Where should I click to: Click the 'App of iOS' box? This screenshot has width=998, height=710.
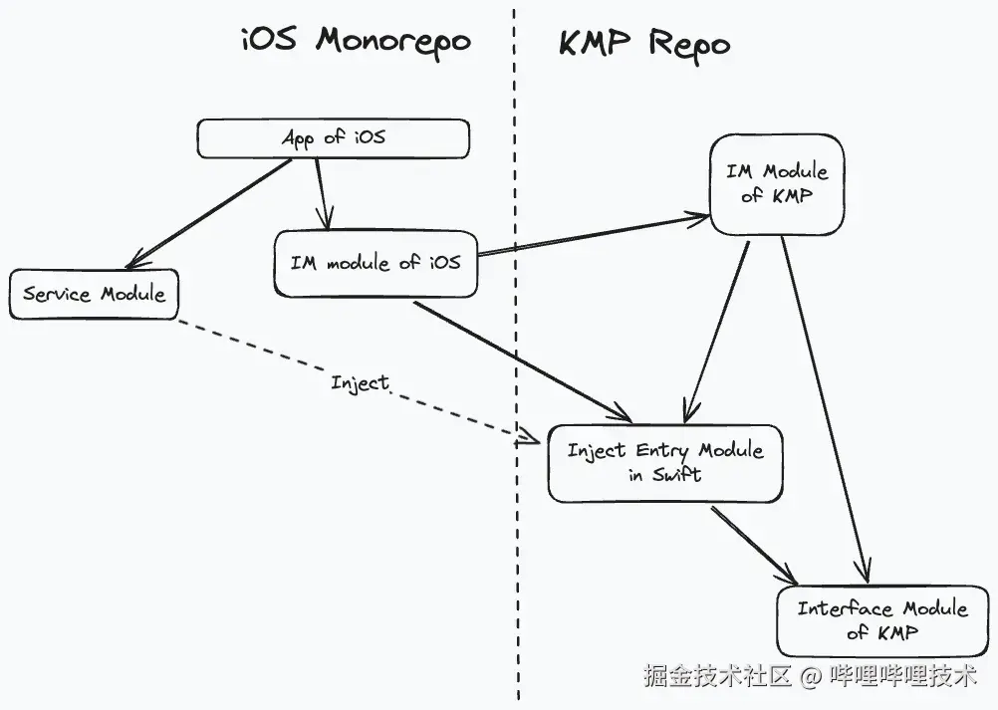333,138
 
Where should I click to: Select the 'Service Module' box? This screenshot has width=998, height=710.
94,294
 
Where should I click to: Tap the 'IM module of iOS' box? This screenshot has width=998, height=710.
374,264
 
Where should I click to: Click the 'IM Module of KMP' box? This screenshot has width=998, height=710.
776,183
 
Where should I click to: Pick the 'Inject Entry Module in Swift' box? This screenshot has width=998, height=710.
664,462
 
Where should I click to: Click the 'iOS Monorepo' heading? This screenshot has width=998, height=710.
356,42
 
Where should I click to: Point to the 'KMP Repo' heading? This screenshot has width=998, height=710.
643,44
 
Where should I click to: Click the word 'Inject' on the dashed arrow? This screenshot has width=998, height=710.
360,382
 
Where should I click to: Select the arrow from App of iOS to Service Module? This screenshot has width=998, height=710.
209,214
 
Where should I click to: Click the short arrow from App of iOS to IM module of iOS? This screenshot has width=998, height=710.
322,194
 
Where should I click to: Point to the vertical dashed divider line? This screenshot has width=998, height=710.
516,558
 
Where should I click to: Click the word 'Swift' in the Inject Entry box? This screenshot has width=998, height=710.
677,475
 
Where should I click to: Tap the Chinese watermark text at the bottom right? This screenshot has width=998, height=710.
809,677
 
